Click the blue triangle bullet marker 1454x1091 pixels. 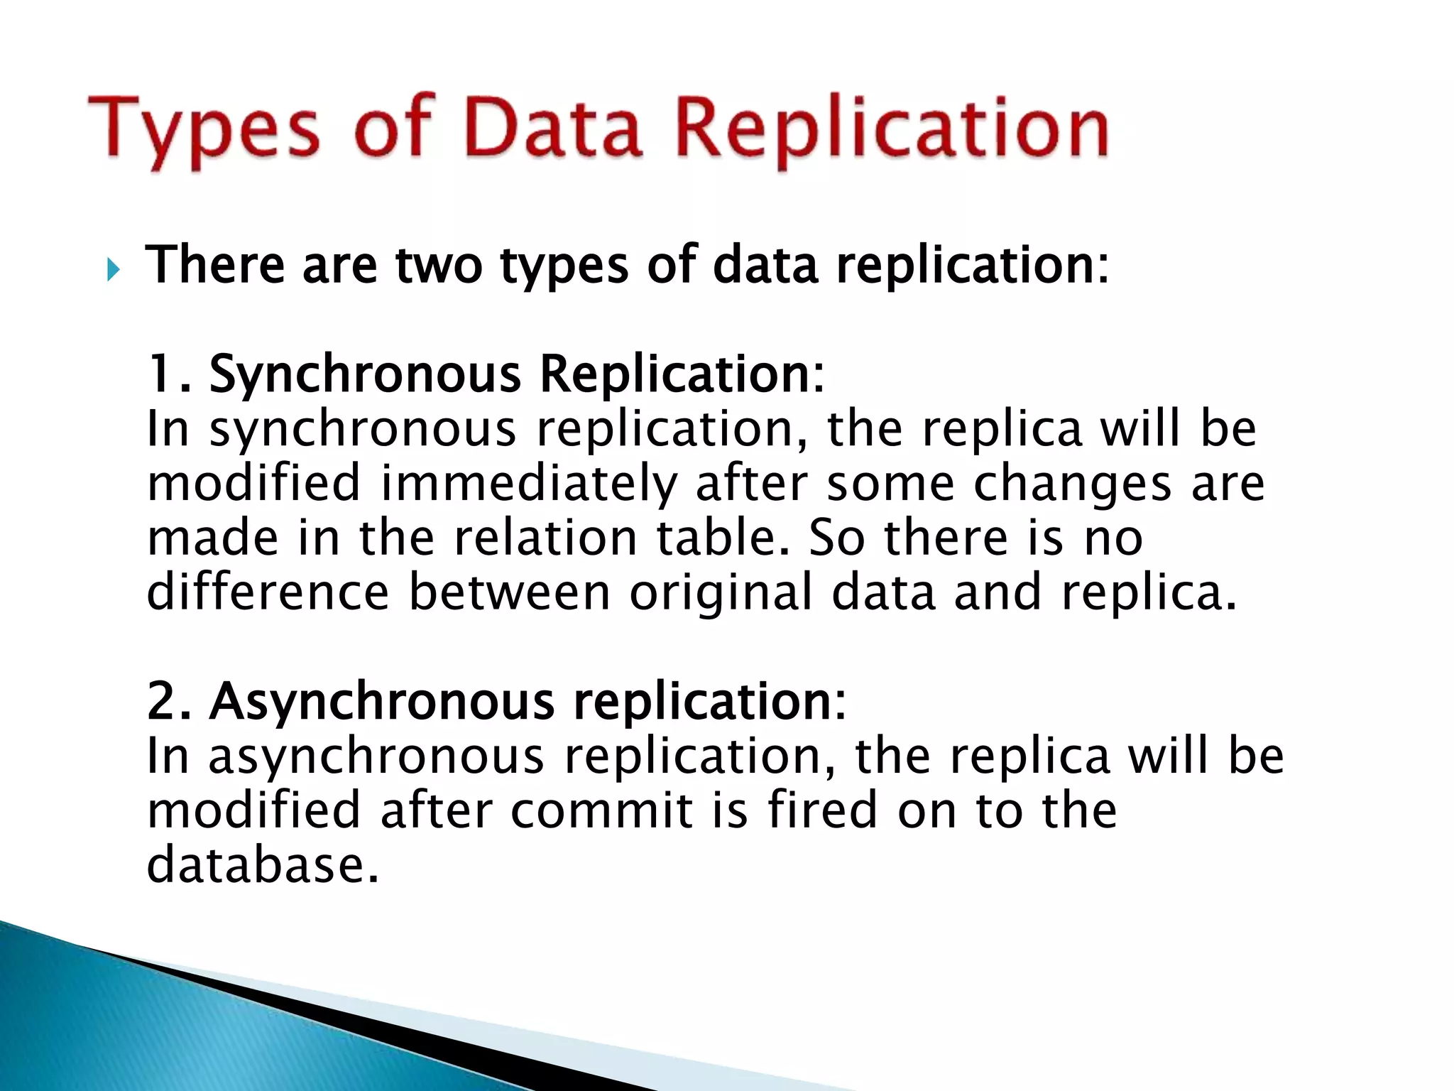point(113,270)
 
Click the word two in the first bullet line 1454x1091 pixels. point(438,264)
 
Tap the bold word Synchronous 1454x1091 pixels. point(365,374)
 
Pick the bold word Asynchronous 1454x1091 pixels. point(381,701)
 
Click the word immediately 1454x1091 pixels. point(528,484)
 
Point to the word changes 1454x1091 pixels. point(1071,484)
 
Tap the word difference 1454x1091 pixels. point(268,592)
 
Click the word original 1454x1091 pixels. point(720,592)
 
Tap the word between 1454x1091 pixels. point(509,592)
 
